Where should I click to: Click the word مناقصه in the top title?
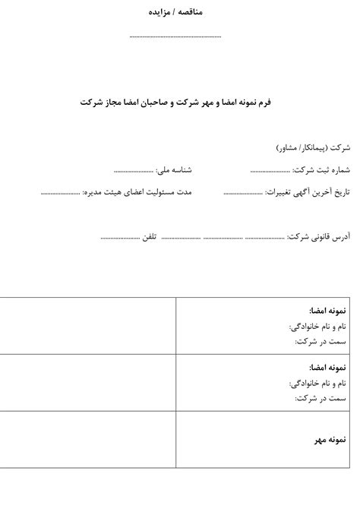(x=191, y=12)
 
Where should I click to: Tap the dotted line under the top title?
(x=175, y=36)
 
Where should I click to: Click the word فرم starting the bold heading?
(x=271, y=101)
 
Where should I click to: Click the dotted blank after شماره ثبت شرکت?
(x=270, y=169)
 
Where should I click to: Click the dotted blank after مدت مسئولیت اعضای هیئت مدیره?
(x=60, y=193)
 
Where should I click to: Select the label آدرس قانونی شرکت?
(x=317, y=238)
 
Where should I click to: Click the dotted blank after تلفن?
(x=118, y=239)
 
